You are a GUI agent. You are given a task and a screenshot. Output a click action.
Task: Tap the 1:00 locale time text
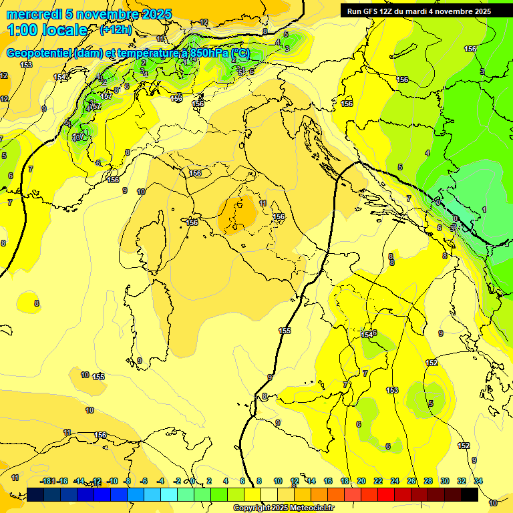(x=48, y=30)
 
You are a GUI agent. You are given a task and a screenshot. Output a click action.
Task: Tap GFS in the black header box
(x=371, y=11)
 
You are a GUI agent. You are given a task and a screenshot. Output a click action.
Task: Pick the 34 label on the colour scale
(x=478, y=481)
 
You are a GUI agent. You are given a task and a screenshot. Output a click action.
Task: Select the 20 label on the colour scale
(x=361, y=481)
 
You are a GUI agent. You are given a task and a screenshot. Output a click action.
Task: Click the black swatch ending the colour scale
(x=470, y=494)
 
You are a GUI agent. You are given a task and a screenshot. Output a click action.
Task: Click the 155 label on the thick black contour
(x=285, y=331)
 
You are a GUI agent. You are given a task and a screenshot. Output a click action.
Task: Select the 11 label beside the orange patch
(x=263, y=203)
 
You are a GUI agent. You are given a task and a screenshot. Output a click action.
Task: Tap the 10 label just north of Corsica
(x=141, y=192)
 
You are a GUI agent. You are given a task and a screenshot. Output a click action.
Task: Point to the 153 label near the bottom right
(x=392, y=390)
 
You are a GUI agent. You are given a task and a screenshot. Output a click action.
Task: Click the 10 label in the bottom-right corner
(x=493, y=502)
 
